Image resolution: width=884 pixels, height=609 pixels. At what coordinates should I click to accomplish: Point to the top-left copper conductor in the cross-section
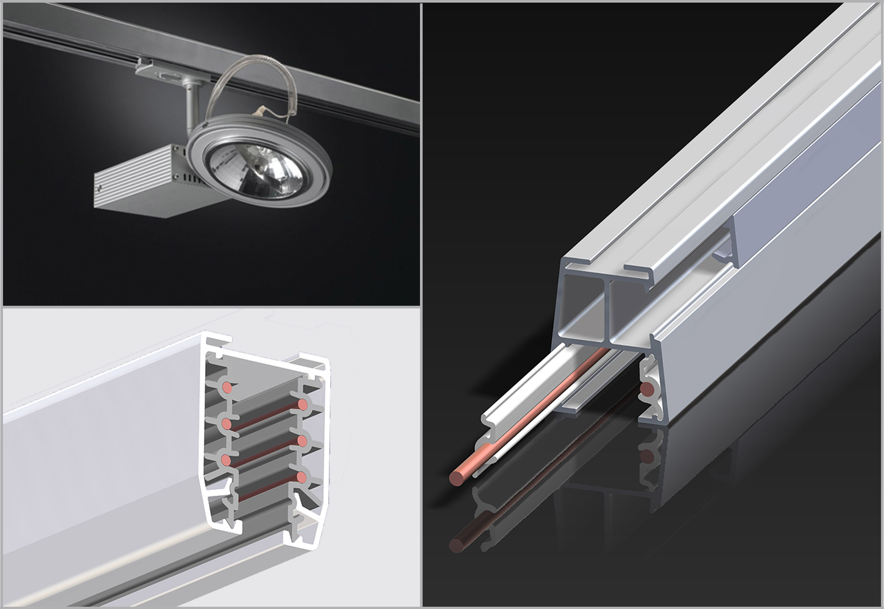227,388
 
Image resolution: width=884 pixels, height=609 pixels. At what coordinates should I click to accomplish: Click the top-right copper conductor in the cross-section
303,404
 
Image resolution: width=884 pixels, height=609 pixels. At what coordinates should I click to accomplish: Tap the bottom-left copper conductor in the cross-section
226,460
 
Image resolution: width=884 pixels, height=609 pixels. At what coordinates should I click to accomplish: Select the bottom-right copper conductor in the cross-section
301,477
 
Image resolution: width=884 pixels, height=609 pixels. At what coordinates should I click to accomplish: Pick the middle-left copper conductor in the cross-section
226,424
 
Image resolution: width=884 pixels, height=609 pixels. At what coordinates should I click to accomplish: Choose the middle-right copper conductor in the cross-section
302,441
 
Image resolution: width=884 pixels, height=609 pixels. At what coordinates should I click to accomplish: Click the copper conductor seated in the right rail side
647,390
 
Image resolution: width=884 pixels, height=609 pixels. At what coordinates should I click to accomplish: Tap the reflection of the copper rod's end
456,545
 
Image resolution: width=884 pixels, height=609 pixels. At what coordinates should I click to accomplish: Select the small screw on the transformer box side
100,188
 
